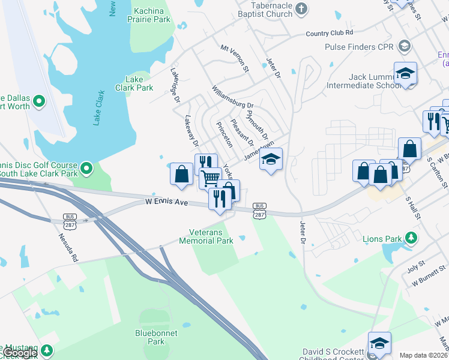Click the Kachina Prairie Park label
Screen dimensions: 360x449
click(152, 15)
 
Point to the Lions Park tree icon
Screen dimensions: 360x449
click(411, 238)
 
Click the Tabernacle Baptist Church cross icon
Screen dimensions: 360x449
click(301, 8)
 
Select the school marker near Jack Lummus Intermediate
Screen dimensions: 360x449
click(406, 74)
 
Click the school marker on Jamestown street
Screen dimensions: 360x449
click(271, 160)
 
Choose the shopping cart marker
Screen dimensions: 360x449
click(209, 178)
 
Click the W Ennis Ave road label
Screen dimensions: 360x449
click(167, 202)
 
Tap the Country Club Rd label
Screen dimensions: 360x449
click(329, 33)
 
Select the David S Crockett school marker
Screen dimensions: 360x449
click(379, 344)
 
